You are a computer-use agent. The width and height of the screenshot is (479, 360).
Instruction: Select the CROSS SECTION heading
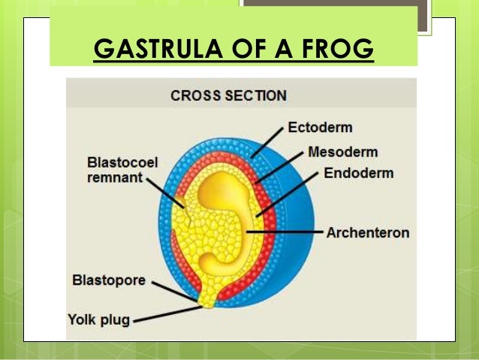coord(228,96)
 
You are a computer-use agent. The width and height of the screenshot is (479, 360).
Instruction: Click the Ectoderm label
coord(319,127)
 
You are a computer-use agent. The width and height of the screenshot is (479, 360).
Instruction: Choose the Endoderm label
coord(358,174)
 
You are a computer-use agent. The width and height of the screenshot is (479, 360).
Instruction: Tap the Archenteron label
coord(368,232)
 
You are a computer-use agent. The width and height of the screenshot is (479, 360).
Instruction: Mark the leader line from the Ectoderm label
coord(269,142)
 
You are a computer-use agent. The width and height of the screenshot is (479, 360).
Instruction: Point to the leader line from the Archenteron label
coord(285,232)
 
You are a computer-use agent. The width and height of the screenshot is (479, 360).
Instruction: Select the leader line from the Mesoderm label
coord(282,168)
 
